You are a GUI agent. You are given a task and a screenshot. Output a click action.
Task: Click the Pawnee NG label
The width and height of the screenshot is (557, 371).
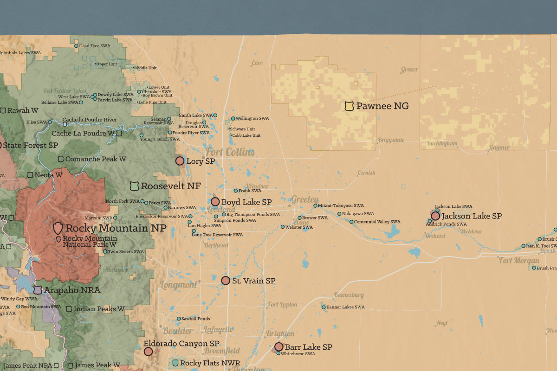382,106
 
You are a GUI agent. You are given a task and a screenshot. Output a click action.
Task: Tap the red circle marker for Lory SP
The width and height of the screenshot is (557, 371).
180,161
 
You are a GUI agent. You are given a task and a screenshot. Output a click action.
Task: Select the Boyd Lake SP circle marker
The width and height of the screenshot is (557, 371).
215,202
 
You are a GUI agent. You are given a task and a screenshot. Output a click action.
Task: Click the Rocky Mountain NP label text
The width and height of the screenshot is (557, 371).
116,228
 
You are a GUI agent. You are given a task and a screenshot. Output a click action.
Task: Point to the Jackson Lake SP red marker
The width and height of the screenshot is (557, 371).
435,216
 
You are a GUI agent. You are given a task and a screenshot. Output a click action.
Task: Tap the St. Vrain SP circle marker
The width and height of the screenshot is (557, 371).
226,281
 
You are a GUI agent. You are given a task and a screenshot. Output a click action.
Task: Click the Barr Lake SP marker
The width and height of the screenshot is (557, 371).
279,346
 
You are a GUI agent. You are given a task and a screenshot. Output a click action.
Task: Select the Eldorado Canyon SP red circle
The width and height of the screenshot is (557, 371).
148,352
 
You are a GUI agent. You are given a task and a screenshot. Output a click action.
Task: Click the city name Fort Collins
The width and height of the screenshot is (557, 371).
230,152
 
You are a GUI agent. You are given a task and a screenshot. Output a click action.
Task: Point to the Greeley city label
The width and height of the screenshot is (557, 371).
305,199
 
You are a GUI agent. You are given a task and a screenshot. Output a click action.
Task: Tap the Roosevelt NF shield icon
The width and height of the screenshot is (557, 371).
134,186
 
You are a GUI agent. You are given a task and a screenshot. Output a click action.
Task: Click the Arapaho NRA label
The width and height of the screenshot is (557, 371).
72,290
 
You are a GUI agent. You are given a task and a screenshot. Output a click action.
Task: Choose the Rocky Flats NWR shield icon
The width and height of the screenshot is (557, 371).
175,363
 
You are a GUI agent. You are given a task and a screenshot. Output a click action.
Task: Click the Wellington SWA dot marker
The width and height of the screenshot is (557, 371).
233,118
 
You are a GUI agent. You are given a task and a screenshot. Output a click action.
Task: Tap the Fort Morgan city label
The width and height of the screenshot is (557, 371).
519,261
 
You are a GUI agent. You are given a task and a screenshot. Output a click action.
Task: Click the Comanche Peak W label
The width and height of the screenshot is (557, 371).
96,159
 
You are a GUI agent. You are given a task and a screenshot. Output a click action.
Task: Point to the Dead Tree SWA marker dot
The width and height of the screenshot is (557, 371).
77,46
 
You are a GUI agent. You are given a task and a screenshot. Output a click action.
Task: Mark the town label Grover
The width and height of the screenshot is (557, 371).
409,70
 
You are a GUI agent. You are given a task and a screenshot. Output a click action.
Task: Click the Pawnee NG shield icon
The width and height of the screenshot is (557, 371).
349,106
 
